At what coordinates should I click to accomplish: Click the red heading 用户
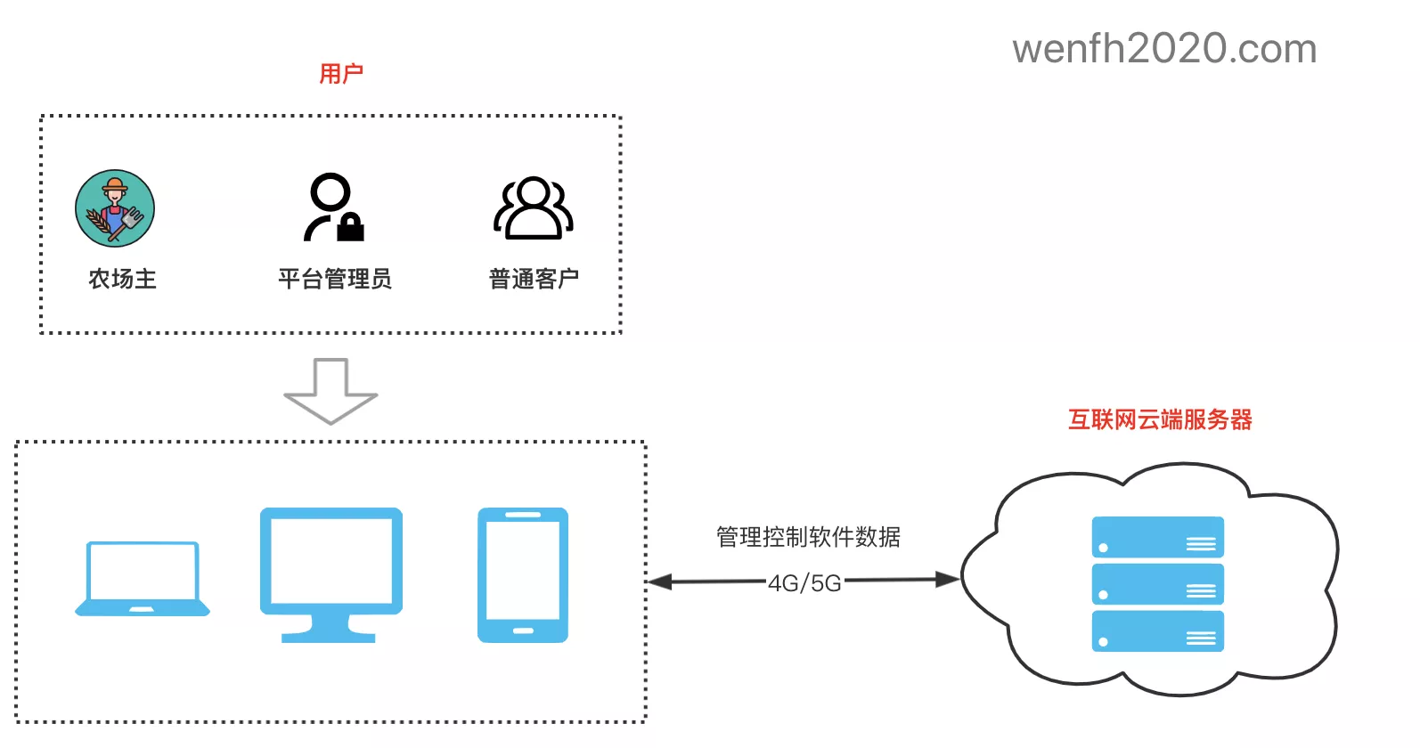click(341, 73)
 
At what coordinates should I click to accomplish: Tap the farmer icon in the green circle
click(115, 208)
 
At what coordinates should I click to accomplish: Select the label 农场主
click(122, 279)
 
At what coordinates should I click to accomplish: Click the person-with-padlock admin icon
click(333, 207)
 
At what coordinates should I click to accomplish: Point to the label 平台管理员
click(334, 279)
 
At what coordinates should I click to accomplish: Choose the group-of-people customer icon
click(533, 207)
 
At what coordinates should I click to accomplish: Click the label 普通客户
click(534, 279)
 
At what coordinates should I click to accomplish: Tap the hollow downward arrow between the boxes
click(331, 391)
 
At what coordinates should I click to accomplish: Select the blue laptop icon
click(143, 578)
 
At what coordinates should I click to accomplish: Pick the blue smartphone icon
click(523, 574)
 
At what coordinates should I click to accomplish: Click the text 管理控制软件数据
click(808, 537)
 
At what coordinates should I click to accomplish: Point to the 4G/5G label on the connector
click(804, 583)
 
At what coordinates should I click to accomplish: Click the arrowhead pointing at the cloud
click(948, 580)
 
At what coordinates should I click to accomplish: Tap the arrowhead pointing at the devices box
click(659, 582)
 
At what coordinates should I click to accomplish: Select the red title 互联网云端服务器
click(1160, 419)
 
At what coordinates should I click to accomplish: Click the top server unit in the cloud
click(1157, 537)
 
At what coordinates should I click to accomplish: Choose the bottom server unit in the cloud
click(1157, 631)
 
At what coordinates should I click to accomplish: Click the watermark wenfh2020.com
click(1164, 48)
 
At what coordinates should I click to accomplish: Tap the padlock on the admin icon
click(350, 228)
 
